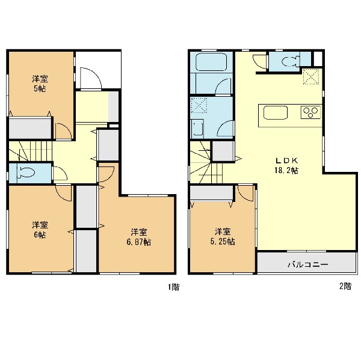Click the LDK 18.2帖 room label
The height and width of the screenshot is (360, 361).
pyautogui.click(x=286, y=165)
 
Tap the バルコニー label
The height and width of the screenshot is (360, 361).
pyautogui.click(x=308, y=264)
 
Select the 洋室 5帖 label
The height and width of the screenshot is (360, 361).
pyautogui.click(x=40, y=84)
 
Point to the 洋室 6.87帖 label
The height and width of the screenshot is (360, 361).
pyautogui.click(x=139, y=237)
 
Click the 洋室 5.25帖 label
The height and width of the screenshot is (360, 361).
pyautogui.click(x=223, y=236)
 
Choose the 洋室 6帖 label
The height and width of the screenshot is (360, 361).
pyautogui.click(x=40, y=230)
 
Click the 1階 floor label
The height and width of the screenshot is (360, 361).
pyautogui.click(x=174, y=287)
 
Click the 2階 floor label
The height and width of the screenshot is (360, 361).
pyautogui.click(x=345, y=286)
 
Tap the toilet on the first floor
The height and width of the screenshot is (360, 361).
pyautogui.click(x=26, y=172)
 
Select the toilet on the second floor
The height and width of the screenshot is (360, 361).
pyautogui.click(x=291, y=61)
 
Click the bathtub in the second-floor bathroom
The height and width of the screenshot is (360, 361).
pyautogui.click(x=211, y=62)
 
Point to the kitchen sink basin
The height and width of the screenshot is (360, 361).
pyautogui.click(x=276, y=113)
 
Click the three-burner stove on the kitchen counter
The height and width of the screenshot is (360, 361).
pyautogui.click(x=310, y=112)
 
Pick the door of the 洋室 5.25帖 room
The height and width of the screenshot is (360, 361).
pyautogui.click(x=246, y=194)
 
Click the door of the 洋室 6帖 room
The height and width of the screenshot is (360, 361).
pyautogui.click(x=64, y=193)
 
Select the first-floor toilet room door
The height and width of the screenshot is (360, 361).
pyautogui.click(x=60, y=173)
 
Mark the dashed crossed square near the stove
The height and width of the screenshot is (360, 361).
pyautogui.click(x=311, y=76)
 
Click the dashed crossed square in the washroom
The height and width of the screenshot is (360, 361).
pyautogui.click(x=199, y=105)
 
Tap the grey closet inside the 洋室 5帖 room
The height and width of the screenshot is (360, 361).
pyautogui.click(x=30, y=128)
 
